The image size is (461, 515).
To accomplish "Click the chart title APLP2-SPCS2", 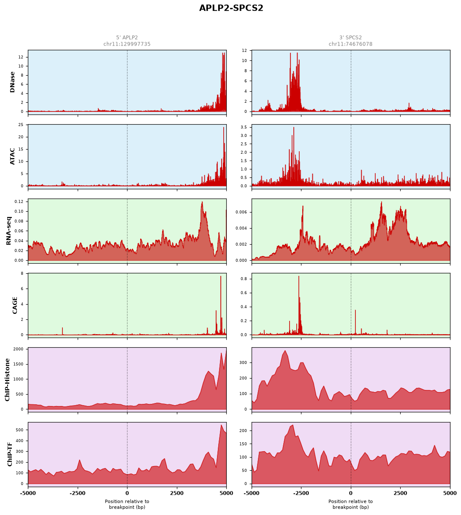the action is [231, 8].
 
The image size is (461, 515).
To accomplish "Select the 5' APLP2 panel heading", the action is [127, 38].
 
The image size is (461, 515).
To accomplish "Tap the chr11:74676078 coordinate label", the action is [350, 44].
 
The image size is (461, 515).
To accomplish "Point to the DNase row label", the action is [12, 82].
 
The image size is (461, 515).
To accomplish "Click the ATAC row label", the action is [12, 156].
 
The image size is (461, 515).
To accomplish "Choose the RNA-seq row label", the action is [8, 231].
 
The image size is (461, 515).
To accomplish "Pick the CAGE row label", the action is [15, 305].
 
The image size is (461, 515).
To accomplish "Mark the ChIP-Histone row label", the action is [7, 379].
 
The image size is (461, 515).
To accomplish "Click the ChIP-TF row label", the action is [10, 454].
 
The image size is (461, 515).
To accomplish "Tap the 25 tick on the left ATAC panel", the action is [21, 125].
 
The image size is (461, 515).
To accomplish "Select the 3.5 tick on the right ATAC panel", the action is [244, 127].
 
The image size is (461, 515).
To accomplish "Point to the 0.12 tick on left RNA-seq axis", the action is [19, 202].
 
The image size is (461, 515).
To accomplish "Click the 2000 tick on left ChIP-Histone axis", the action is [18, 349].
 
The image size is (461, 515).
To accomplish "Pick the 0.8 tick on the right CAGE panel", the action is [244, 279].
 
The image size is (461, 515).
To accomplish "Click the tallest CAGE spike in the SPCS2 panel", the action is [298, 276].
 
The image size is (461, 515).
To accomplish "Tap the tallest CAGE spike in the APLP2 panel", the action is [220, 276].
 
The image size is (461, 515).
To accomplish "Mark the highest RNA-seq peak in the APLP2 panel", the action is [202, 202].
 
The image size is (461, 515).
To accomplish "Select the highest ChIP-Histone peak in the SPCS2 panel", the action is [285, 351].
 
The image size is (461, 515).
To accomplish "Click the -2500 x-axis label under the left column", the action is [78, 493].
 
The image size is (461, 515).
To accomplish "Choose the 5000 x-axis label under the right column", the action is [450, 493].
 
